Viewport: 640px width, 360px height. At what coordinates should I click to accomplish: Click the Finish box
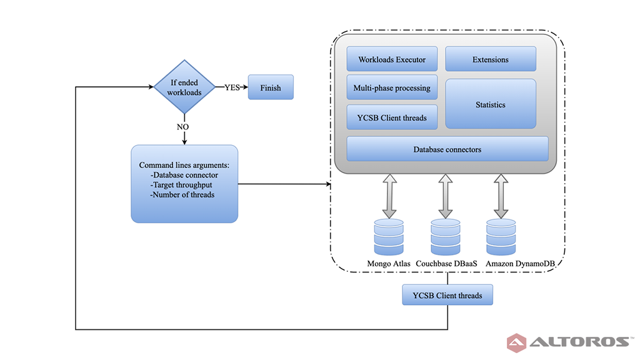(271, 87)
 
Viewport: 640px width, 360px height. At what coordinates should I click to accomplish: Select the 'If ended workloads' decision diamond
(184, 87)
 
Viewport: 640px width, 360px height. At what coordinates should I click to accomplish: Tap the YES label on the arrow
(232, 87)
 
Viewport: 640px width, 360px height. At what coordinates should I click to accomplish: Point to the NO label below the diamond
(182, 127)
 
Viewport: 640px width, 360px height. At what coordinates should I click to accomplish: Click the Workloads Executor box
(392, 59)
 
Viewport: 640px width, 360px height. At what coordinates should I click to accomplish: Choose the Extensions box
(490, 59)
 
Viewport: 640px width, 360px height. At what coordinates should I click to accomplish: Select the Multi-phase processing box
(392, 87)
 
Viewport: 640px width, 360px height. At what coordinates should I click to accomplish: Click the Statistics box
(490, 104)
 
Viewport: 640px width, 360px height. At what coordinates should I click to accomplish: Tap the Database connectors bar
(447, 149)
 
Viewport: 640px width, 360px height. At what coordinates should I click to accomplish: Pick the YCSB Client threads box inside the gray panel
(392, 117)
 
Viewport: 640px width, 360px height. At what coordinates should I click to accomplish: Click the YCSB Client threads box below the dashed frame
(447, 295)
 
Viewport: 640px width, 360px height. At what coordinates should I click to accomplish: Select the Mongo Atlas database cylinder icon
(389, 237)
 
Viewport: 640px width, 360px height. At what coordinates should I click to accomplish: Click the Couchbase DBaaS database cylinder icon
(445, 237)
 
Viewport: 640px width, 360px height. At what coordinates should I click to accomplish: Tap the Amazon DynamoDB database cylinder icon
(501, 237)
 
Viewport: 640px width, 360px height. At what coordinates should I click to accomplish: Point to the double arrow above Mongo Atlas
(390, 196)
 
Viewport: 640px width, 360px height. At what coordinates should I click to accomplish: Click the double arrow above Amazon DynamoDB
(501, 196)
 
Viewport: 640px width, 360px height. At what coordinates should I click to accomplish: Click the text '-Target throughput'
(181, 185)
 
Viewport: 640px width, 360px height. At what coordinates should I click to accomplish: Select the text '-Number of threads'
(182, 195)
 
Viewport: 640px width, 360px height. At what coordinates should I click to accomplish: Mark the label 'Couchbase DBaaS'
(446, 264)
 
